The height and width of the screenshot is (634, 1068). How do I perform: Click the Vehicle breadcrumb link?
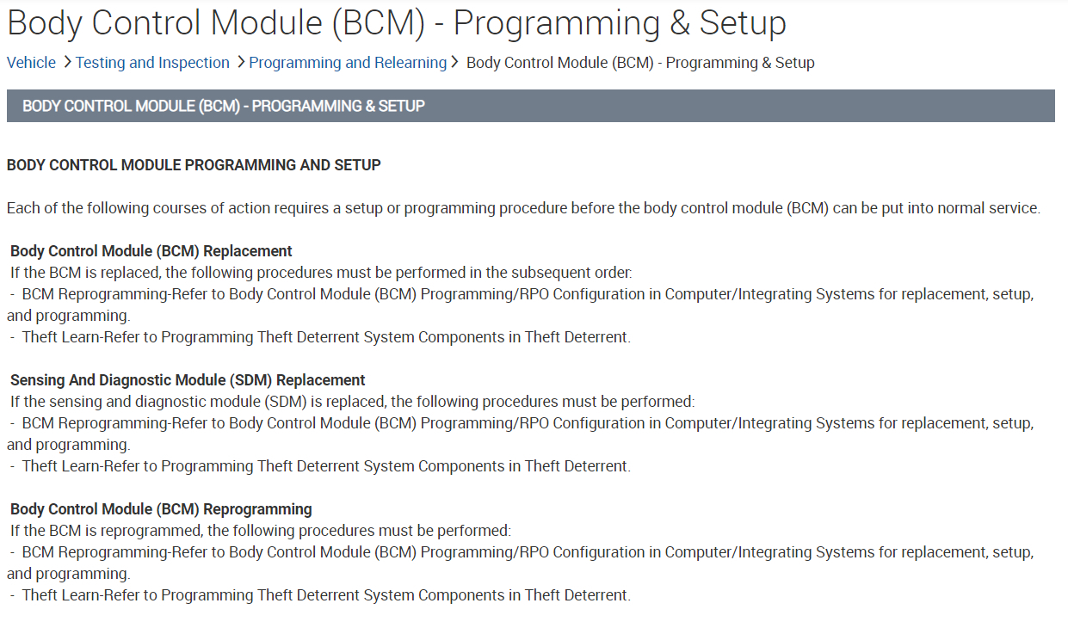[31, 63]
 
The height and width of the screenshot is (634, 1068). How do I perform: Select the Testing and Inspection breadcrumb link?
[152, 63]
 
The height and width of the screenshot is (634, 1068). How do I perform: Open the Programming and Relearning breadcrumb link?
[348, 63]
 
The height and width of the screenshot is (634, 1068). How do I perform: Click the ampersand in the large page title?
[679, 23]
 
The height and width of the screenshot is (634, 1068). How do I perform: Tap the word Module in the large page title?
[266, 23]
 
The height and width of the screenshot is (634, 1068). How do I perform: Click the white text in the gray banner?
[223, 106]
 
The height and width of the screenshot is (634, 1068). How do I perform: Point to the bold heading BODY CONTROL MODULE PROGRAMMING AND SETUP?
[194, 165]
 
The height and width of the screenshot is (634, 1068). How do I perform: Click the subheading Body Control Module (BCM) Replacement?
[151, 251]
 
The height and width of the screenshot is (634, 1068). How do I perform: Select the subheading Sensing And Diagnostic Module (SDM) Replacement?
[188, 380]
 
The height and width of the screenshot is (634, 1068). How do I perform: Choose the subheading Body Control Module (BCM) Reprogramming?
[161, 509]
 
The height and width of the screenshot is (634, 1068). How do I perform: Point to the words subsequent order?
[571, 273]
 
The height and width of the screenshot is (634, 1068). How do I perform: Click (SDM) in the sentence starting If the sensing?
[286, 402]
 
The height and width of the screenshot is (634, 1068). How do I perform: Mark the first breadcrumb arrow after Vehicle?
[67, 62]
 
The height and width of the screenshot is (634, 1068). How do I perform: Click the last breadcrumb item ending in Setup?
[640, 63]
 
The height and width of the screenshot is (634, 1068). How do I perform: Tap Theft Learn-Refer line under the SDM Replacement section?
[320, 466]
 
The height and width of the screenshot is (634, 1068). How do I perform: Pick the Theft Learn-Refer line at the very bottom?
[320, 595]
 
